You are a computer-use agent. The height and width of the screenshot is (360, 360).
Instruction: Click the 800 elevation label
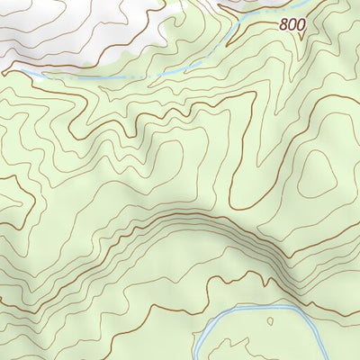pos(292,25)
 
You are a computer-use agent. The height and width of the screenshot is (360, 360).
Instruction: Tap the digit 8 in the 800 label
pos(283,25)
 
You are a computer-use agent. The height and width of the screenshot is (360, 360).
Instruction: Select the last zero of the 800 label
pos(300,25)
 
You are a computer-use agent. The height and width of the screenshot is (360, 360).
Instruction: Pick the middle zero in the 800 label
pos(292,25)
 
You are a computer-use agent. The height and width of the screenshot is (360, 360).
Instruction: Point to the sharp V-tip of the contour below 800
pos(300,40)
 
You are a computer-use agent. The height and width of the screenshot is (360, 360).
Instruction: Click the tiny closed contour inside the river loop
pos(270,319)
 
